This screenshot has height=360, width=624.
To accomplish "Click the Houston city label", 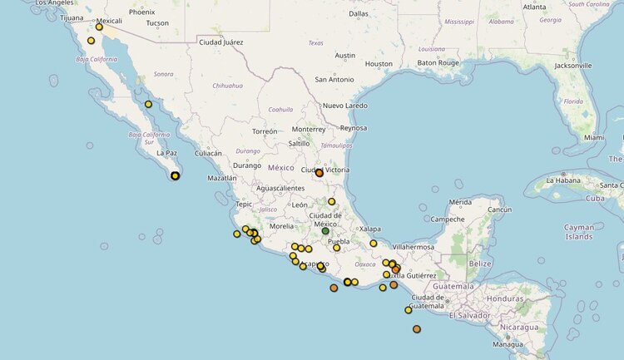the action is pyautogui.click(x=379, y=64).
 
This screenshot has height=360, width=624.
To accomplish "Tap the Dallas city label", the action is pyautogui.click(x=359, y=13).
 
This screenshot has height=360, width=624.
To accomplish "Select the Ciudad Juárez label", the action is pyautogui.click(x=221, y=42).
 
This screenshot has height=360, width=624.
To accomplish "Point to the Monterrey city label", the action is pyautogui.click(x=308, y=129).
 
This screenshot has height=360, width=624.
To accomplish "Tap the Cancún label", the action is pyautogui.click(x=499, y=210).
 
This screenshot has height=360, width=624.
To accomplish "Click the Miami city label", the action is pyautogui.click(x=594, y=137).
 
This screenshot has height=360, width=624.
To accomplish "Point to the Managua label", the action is pyautogui.click(x=508, y=343).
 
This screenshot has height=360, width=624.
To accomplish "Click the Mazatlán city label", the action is pyautogui.click(x=223, y=178).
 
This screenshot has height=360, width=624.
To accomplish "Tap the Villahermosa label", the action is pyautogui.click(x=414, y=247).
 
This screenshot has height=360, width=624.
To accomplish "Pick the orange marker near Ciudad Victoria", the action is pyautogui.click(x=319, y=173).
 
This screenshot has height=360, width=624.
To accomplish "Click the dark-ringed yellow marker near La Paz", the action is pyautogui.click(x=176, y=175).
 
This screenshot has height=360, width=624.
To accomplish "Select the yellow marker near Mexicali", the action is pyautogui.click(x=99, y=27).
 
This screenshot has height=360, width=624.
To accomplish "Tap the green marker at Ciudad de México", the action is pyautogui.click(x=325, y=231).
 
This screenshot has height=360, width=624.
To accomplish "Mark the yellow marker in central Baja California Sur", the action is pyautogui.click(x=148, y=104).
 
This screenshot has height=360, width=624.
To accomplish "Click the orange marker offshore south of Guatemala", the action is pyautogui.click(x=417, y=329).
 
